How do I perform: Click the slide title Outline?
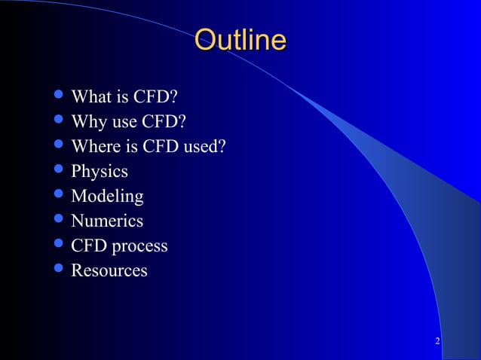pos(240,40)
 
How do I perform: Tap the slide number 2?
pos(438,343)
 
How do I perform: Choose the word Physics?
pos(100,172)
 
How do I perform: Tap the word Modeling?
pos(107,197)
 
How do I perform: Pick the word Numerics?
pos(107,221)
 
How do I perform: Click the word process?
pos(139,246)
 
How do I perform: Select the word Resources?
pos(109,270)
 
